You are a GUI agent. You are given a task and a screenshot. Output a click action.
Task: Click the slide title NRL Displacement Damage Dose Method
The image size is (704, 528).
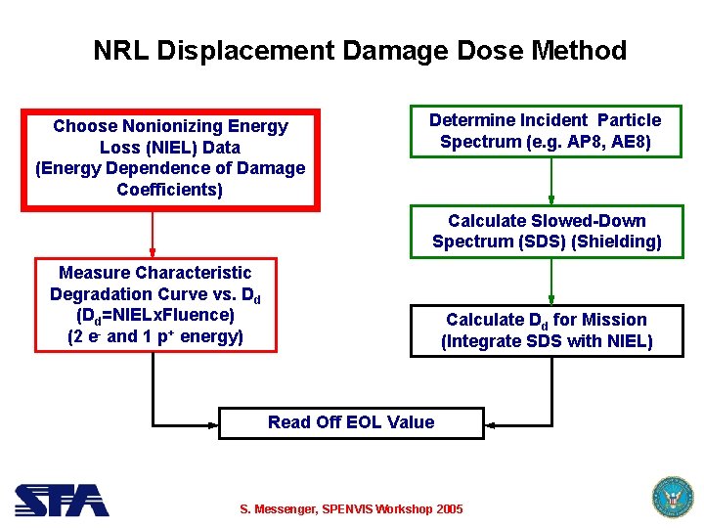(x=359, y=50)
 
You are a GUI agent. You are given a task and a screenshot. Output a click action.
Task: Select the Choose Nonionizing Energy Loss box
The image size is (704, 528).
(x=170, y=157)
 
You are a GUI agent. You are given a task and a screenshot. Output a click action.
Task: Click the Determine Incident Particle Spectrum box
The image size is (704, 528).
(x=546, y=131)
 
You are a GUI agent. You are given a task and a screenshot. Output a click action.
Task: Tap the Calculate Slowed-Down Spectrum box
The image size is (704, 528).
(x=547, y=232)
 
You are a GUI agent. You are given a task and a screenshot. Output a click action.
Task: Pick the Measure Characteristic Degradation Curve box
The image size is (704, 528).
(x=155, y=304)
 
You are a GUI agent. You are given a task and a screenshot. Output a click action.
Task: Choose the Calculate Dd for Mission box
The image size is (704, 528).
(x=547, y=330)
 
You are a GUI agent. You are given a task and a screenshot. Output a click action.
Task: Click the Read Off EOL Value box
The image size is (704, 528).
(x=351, y=422)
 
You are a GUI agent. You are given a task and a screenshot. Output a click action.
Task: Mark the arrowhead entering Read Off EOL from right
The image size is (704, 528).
(x=492, y=424)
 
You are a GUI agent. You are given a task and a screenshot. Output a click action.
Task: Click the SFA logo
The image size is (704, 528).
(x=61, y=500)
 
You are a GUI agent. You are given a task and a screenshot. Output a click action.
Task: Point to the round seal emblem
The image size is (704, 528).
(x=671, y=497)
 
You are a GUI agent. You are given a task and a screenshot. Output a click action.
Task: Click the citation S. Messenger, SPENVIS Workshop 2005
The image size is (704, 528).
(x=352, y=509)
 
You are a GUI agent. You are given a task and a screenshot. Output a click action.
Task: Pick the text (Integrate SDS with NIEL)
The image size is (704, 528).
(x=547, y=341)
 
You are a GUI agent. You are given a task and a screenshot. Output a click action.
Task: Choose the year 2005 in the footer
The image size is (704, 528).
(x=448, y=509)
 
